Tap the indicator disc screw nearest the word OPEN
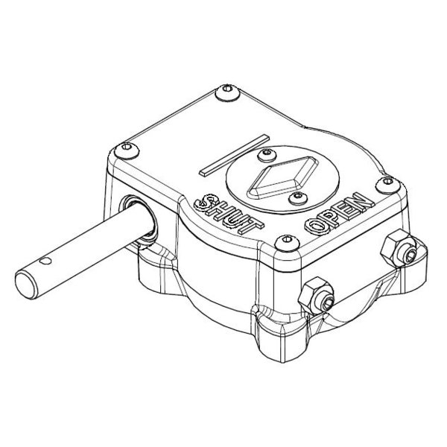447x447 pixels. click(x=297, y=196)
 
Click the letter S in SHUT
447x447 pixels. click(x=201, y=201)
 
